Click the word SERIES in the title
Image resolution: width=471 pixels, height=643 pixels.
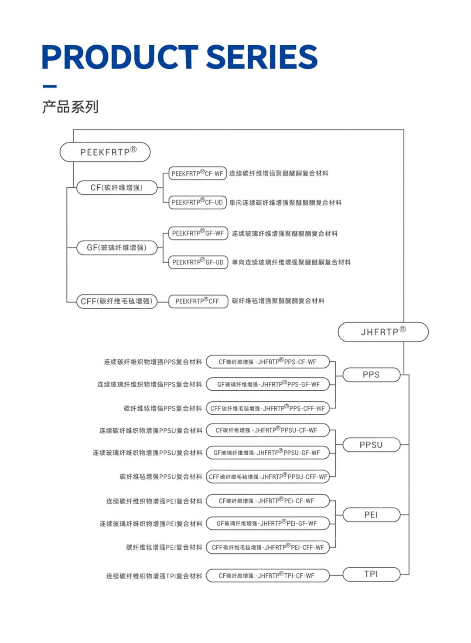(261, 57)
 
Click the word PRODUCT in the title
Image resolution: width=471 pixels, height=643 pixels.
(120, 57)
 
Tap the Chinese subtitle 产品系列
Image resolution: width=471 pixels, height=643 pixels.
(70, 107)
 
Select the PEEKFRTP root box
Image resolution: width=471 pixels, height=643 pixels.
(105, 152)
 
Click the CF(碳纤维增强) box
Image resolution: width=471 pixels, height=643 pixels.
(116, 188)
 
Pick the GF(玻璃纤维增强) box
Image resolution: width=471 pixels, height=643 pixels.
(116, 247)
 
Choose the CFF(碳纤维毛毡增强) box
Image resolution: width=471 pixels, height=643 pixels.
(116, 301)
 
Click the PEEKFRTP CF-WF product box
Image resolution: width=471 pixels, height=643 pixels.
(198, 173)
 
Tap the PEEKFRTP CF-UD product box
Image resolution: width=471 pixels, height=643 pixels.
(198, 202)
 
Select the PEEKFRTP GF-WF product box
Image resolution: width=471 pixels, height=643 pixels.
(198, 233)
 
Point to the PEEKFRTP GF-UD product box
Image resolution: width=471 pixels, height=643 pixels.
(198, 262)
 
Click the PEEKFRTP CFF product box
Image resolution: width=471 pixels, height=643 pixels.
(198, 301)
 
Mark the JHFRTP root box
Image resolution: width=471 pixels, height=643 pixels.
(383, 332)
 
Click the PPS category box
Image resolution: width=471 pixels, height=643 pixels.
(371, 375)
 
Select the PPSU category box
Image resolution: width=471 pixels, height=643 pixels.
(371, 445)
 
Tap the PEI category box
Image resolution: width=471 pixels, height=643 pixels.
(371, 514)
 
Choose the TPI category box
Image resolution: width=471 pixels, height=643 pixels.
(371, 574)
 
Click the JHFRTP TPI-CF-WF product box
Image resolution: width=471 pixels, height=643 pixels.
(267, 575)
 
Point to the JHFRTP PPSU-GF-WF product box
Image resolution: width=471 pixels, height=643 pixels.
(267, 453)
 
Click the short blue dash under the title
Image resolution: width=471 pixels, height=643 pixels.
(50, 86)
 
